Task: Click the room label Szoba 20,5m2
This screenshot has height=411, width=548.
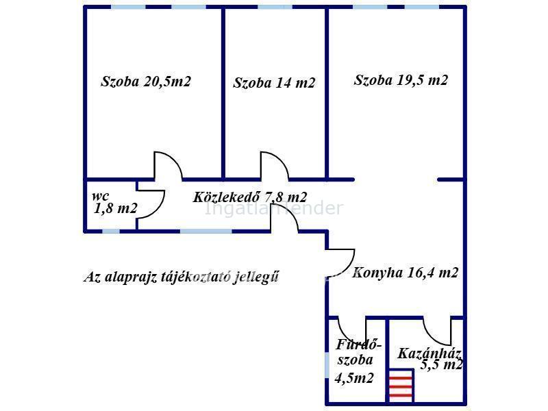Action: point(145,82)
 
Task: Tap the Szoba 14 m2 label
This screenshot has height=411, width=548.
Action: point(274,84)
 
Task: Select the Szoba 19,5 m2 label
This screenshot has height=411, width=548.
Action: point(401,80)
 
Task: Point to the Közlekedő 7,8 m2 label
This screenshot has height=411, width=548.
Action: point(250,197)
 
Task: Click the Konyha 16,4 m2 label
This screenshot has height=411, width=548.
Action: point(405,273)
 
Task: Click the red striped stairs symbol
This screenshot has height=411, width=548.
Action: point(401,386)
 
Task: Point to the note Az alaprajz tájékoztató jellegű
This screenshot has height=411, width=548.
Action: point(182,277)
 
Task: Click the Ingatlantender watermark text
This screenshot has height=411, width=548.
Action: point(274,208)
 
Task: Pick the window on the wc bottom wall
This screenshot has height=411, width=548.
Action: point(111,232)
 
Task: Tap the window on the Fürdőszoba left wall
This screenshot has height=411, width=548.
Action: point(327,363)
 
